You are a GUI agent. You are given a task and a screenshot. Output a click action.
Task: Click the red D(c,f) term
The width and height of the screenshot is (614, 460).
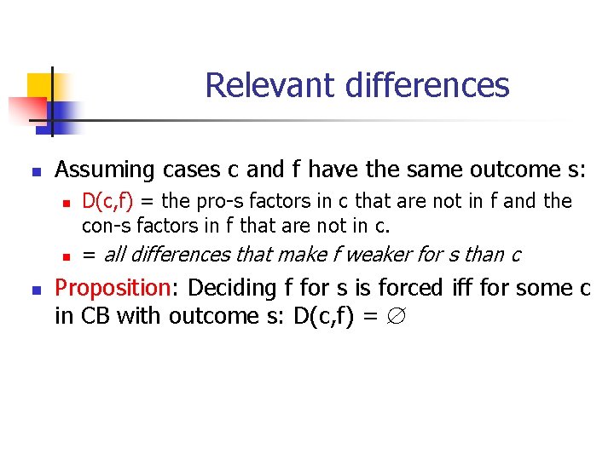107,202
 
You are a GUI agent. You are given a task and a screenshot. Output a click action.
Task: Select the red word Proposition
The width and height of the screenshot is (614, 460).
109,288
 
